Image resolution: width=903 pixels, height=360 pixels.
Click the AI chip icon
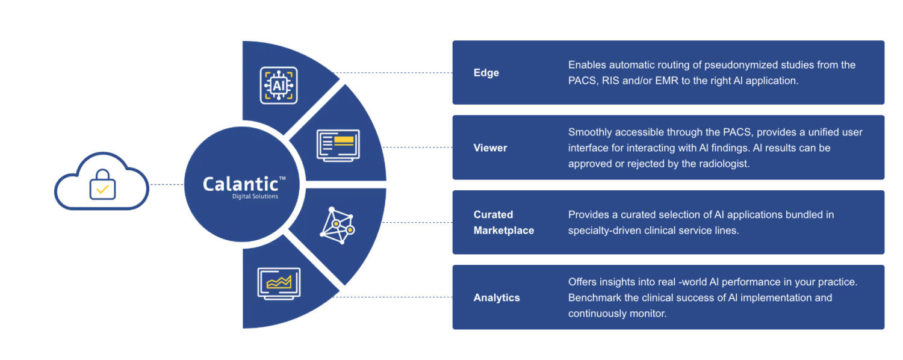coord(279,85)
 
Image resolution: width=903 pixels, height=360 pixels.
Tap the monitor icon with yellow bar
coord(338,146)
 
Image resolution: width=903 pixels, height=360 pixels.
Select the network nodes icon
coord(337,225)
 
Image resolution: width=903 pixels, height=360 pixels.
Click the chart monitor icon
coord(279,284)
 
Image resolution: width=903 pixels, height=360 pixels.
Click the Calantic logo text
coord(241,184)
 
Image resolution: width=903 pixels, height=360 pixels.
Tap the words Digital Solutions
coord(255,196)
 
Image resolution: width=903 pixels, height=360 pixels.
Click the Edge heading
coord(486,73)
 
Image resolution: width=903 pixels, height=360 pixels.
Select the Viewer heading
coord(490,148)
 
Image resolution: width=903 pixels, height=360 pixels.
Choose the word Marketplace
coord(504,231)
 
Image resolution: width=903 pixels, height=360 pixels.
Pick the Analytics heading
coord(497,297)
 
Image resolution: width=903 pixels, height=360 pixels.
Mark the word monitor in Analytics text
coord(647,314)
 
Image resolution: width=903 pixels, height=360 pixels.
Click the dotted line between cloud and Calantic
coord(167,185)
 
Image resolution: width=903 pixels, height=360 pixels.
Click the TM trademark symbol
coord(282,178)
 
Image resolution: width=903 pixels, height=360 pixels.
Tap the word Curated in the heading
coord(493,214)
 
